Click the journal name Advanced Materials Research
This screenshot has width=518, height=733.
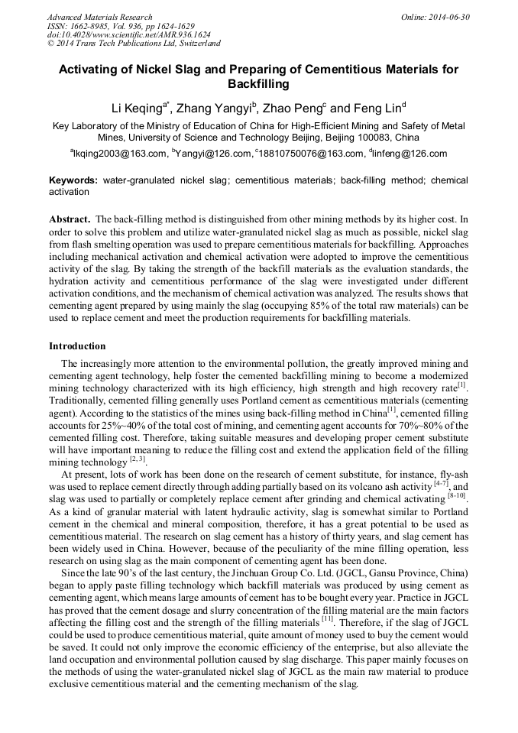tap(99, 17)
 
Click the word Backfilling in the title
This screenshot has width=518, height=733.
tap(259, 83)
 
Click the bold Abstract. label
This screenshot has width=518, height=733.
tap(70, 218)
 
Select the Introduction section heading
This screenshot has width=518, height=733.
tap(77, 346)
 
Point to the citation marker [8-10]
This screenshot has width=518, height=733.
tap(456, 498)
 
